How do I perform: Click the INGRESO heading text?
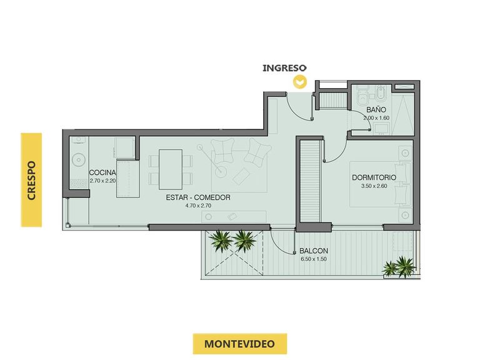[x=284, y=68]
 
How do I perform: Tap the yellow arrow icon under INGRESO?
[x=300, y=82]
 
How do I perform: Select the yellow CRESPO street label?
[x=31, y=180]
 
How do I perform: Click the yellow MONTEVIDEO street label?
[x=240, y=344]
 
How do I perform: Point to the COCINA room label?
[x=102, y=172]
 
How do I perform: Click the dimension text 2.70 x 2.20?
[x=103, y=181]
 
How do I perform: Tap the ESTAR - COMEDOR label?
[x=198, y=197]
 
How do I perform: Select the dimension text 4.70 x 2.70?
[x=198, y=206]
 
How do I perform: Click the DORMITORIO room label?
[x=374, y=177]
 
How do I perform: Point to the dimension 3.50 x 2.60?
[x=374, y=186]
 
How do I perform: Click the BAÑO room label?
[x=376, y=109]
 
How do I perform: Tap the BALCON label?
[x=314, y=251]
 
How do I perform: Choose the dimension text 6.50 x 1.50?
[x=314, y=259]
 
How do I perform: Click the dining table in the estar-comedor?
[x=171, y=169]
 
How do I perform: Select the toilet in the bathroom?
[x=363, y=95]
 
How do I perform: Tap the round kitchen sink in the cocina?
[x=79, y=159]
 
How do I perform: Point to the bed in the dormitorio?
[x=380, y=184]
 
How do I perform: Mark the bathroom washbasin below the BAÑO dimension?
[x=381, y=129]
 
